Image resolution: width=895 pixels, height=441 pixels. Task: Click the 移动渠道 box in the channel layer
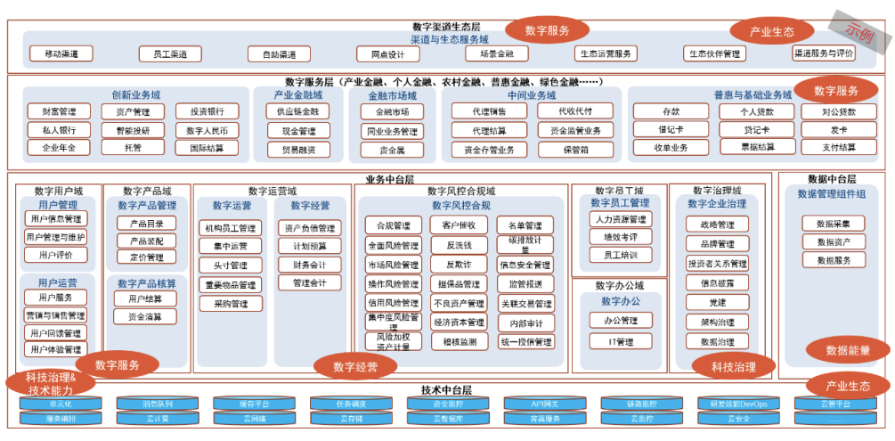61,54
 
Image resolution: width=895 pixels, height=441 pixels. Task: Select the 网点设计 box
388,54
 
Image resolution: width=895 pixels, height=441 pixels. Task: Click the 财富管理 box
59,112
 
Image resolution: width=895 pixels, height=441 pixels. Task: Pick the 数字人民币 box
207,130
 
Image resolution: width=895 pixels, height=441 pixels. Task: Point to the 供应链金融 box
297,112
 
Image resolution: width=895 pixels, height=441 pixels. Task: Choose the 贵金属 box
392,150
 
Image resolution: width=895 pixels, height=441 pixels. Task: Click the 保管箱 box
575,150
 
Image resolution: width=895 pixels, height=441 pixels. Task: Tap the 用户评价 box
55,255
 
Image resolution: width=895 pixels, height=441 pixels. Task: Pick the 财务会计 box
309,265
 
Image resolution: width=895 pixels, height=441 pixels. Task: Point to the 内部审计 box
525,323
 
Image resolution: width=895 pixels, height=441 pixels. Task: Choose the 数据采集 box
834,224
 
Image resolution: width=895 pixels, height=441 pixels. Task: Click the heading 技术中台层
446,390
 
